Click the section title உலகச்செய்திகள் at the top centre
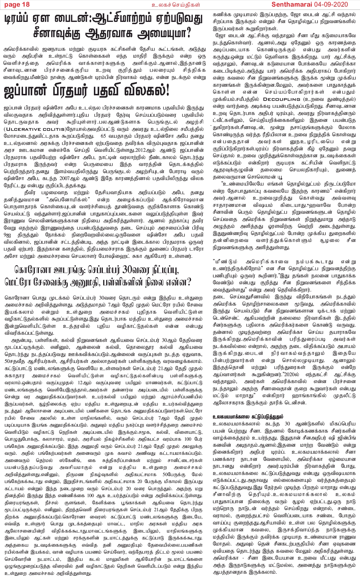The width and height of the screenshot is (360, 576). tap(176, 5)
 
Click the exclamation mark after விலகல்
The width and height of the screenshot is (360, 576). tap(166, 91)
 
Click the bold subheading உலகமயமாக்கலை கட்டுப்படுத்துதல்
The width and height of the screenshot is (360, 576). tap(247, 416)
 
